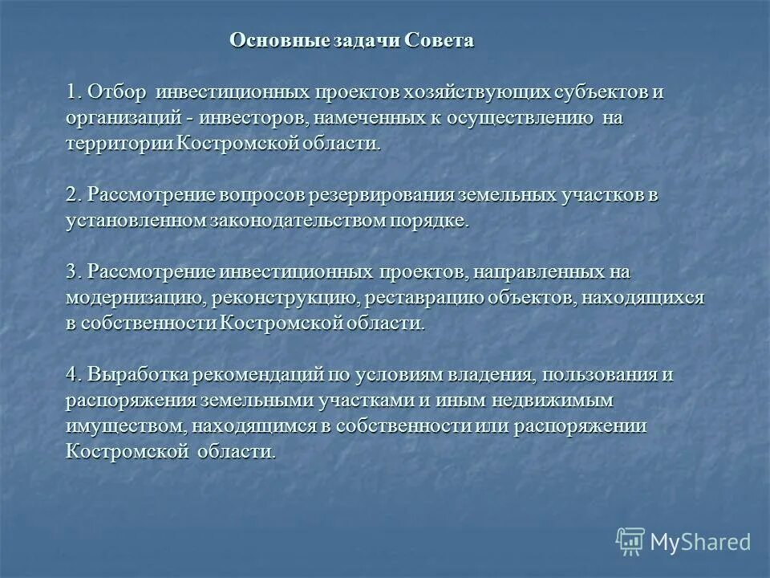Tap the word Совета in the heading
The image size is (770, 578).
440,41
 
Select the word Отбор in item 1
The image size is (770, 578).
119,92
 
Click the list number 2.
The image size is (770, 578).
74,195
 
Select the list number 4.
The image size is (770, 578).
74,375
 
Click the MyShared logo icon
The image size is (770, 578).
630,542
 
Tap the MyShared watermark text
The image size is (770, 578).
701,542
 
